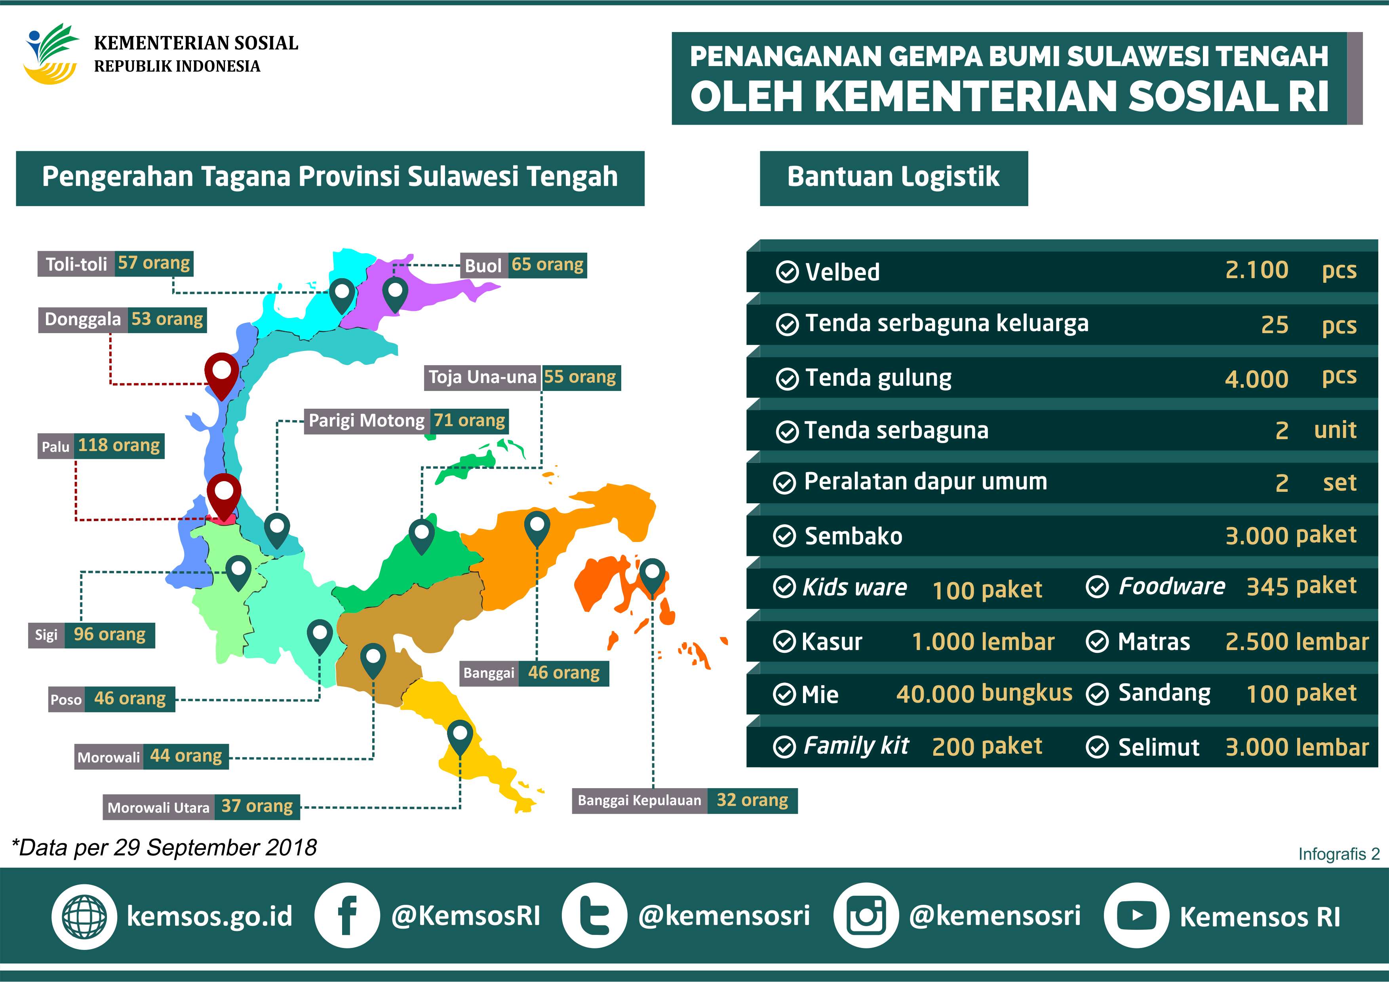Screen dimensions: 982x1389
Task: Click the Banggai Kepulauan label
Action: pos(639,801)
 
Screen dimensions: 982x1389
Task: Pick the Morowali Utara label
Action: pos(158,807)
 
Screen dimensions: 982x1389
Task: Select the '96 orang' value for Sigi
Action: pos(110,635)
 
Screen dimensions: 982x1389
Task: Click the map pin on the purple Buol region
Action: pos(395,293)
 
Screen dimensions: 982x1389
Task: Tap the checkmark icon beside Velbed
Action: pos(786,272)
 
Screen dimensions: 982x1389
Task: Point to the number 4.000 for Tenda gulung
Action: pos(1256,379)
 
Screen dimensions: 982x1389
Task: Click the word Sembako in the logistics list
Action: pos(853,536)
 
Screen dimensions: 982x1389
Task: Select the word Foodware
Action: pos(1171,586)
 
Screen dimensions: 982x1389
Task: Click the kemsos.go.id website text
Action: pos(209,916)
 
